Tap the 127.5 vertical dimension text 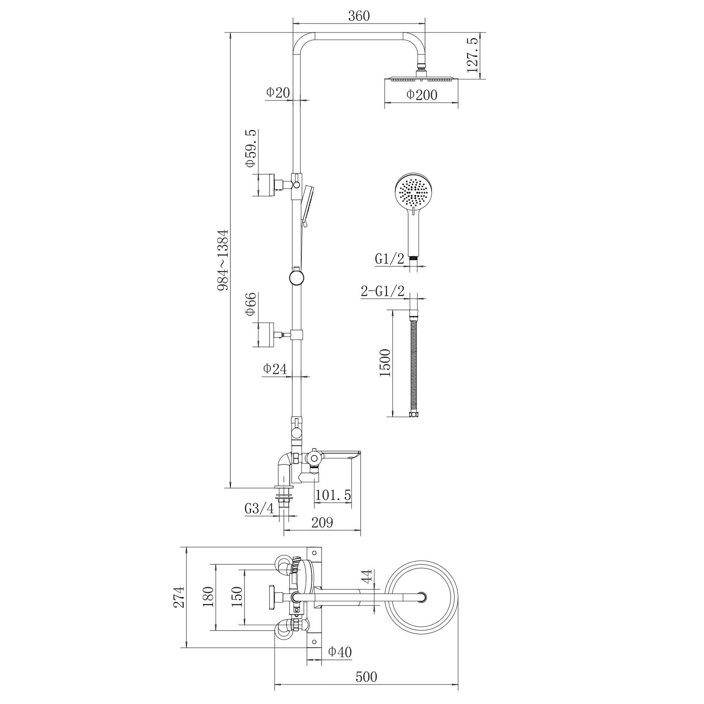[472, 56]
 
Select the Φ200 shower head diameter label [421, 95]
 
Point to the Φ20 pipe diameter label [278, 93]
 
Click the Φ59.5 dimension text [251, 148]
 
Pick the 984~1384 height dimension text [222, 260]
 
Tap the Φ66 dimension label [251, 304]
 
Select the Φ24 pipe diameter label [275, 369]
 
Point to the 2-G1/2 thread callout [383, 292]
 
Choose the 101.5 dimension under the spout [333, 495]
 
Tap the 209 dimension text [322, 522]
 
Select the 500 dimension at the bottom [366, 677]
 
